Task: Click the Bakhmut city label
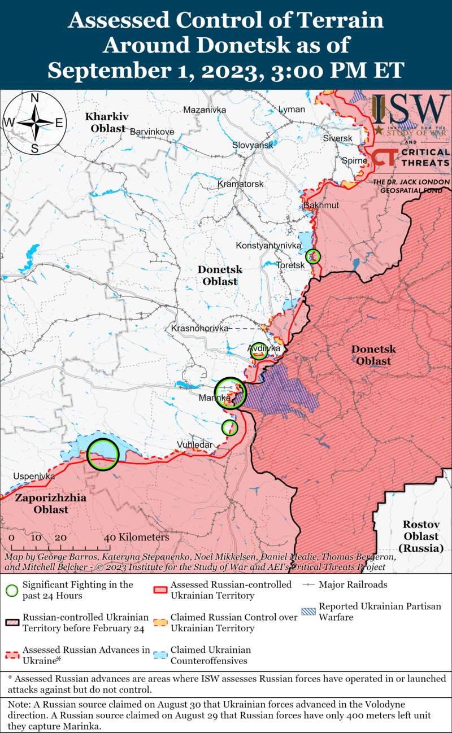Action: click(x=321, y=205)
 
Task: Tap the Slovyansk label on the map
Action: click(x=253, y=145)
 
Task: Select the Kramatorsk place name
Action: click(x=241, y=185)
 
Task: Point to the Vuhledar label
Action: click(x=195, y=445)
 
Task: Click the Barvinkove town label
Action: click(x=152, y=132)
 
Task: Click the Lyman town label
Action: click(x=292, y=109)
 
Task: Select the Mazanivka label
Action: click(x=205, y=110)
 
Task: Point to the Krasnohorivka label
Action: click(x=199, y=328)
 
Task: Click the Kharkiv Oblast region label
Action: click(x=107, y=123)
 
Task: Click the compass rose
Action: click(x=34, y=123)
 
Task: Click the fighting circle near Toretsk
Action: click(x=313, y=257)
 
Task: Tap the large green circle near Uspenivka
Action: click(x=103, y=454)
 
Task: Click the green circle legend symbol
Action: click(x=11, y=590)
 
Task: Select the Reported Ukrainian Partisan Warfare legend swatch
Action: click(x=308, y=612)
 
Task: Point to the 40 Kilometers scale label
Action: click(x=136, y=537)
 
